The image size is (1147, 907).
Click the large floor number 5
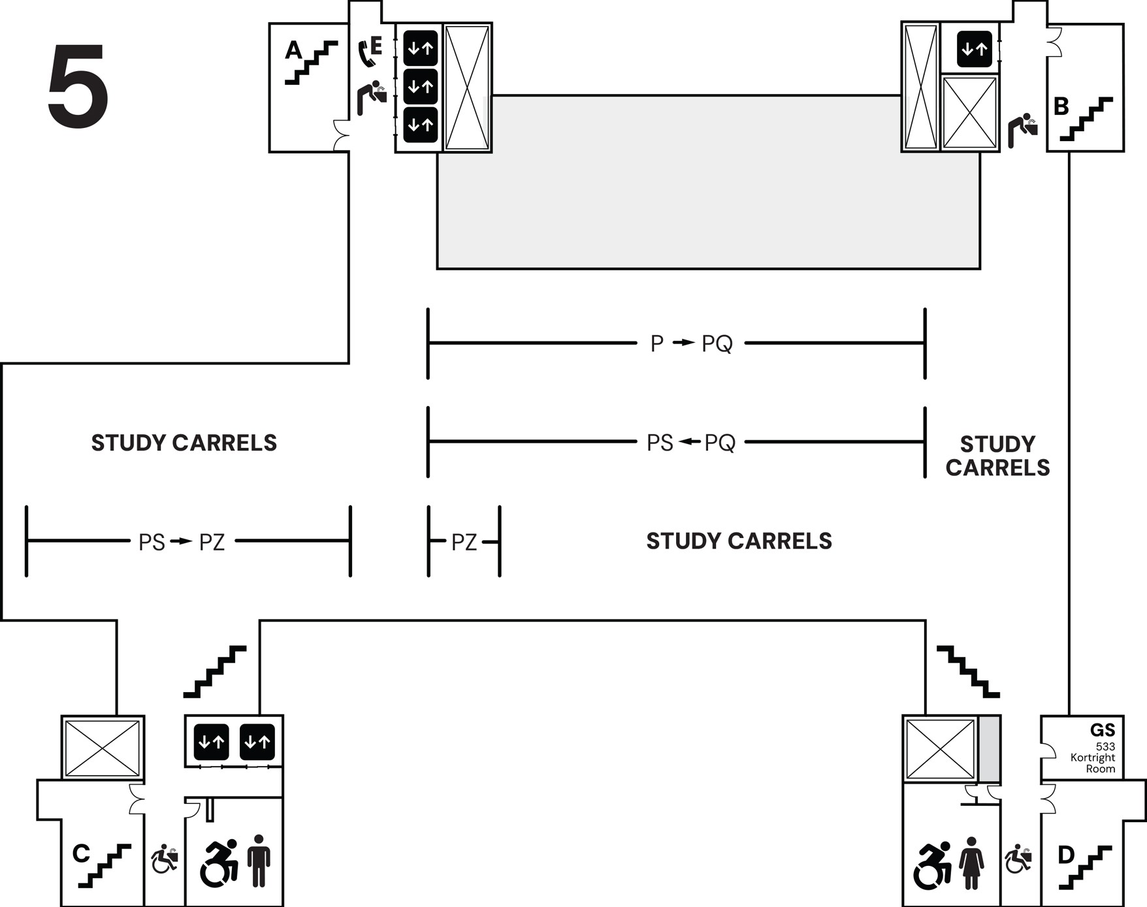(x=78, y=87)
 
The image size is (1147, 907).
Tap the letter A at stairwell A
(x=294, y=50)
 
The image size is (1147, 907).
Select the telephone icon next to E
(x=366, y=54)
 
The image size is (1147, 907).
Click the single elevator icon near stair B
(x=974, y=49)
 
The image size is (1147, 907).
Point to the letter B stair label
(x=1061, y=106)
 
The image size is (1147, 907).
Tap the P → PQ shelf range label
(x=691, y=343)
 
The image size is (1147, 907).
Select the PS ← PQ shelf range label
(x=691, y=443)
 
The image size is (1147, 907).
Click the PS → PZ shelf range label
(x=182, y=542)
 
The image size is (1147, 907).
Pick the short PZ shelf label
(x=464, y=542)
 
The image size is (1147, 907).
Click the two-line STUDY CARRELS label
(x=997, y=456)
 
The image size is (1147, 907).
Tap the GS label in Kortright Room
(x=1102, y=730)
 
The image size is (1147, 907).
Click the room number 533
(x=1105, y=746)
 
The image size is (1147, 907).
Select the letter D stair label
(x=1065, y=855)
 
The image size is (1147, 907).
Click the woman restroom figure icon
(x=971, y=863)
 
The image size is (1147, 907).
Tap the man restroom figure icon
(x=259, y=861)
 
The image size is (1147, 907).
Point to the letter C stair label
(x=81, y=853)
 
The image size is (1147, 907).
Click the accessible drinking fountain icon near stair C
(x=165, y=859)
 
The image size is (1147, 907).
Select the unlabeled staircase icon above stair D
(x=968, y=671)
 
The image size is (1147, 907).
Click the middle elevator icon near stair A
(x=420, y=86)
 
